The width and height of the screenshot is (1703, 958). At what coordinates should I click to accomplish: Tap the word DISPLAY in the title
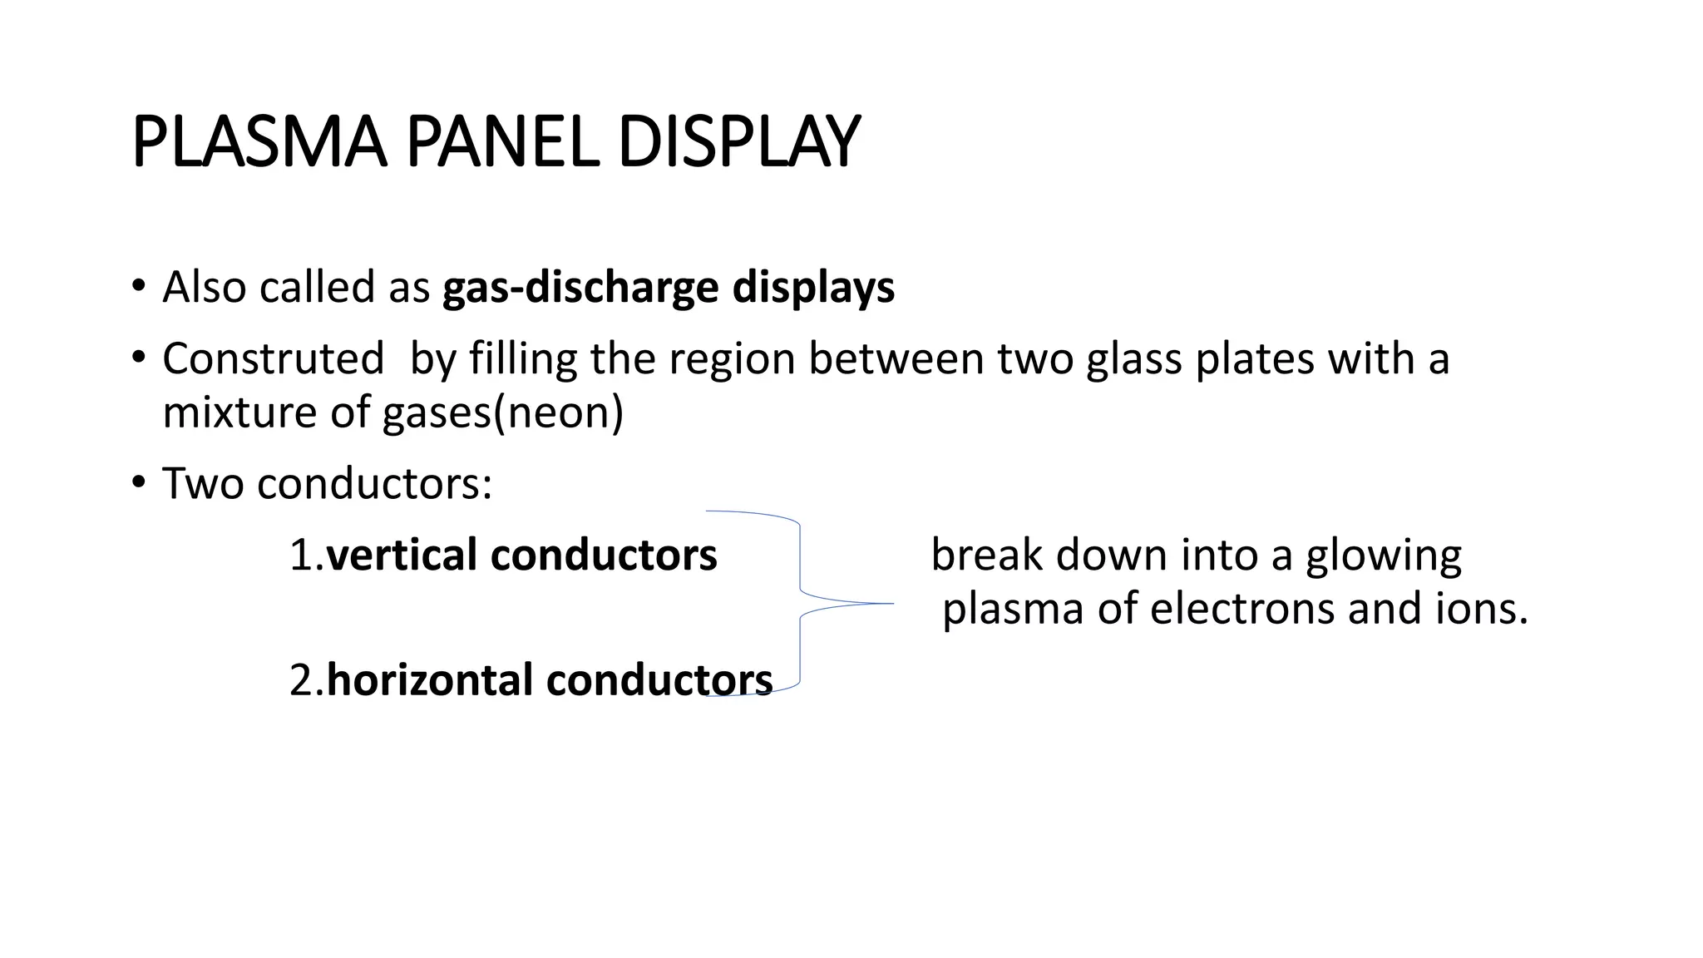(738, 143)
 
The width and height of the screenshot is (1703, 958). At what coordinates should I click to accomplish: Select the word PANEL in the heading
(501, 143)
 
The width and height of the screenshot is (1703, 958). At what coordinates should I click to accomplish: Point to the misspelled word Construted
(273, 359)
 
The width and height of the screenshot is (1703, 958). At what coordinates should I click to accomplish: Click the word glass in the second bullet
(1133, 359)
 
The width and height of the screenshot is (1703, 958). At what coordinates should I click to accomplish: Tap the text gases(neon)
(502, 412)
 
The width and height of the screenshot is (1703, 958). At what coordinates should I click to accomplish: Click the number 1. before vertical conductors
(306, 555)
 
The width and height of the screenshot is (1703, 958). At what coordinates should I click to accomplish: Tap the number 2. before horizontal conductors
(306, 679)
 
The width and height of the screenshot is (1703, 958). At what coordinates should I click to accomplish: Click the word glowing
(1383, 555)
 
